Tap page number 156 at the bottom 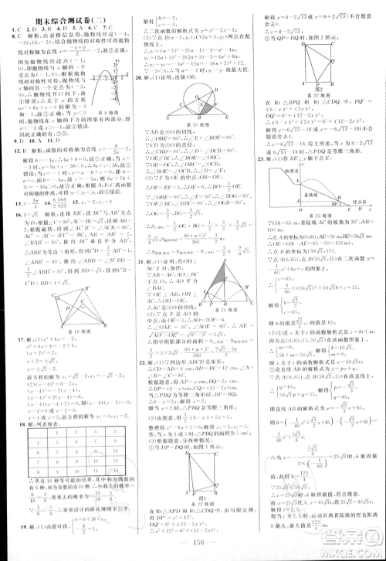click(x=195, y=550)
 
